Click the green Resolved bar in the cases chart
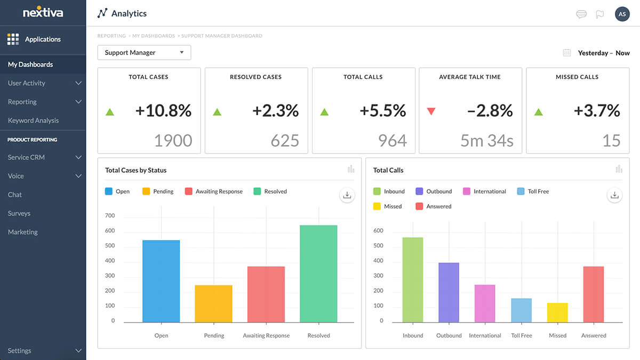[x=318, y=274]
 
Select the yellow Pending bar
[x=213, y=303]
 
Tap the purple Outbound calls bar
[x=449, y=292]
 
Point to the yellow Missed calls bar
[x=557, y=313]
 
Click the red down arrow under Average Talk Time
[x=431, y=111]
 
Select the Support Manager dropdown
[x=144, y=53]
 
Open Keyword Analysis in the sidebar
[x=33, y=121]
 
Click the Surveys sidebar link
[x=19, y=213]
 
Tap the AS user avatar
[x=622, y=14]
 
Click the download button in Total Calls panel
[x=614, y=195]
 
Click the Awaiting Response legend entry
[x=213, y=191]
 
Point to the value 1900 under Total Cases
[x=173, y=140]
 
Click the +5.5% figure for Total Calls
[x=382, y=110]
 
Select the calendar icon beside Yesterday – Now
[x=567, y=53]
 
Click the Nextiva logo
[x=43, y=12]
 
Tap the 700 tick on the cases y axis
[x=109, y=216]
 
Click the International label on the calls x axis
[x=485, y=335]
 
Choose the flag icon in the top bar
[x=600, y=14]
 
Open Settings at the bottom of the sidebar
[x=20, y=351]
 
